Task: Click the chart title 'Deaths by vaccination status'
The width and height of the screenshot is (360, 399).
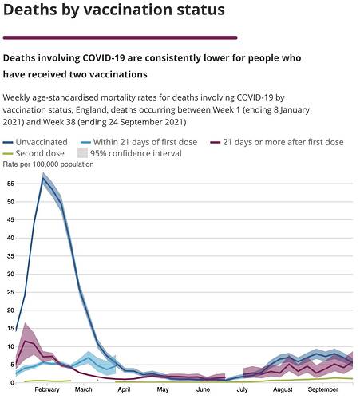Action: (x=114, y=10)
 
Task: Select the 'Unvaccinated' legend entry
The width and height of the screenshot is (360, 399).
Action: (x=35, y=142)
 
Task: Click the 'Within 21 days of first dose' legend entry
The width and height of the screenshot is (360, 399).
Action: (x=139, y=142)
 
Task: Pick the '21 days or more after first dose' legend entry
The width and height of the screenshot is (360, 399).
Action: (x=277, y=142)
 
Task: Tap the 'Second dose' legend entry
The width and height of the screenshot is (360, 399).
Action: (x=34, y=153)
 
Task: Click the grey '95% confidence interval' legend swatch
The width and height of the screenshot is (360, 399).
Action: (x=82, y=153)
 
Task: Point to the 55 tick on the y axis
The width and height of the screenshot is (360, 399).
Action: (x=10, y=184)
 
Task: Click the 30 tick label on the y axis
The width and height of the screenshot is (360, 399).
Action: (x=10, y=274)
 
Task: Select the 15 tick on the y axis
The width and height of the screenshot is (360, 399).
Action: (x=10, y=328)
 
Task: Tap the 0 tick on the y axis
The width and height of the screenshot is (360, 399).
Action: (x=12, y=383)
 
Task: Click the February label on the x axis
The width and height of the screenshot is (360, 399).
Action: (x=47, y=389)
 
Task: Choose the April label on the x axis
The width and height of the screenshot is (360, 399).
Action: (x=124, y=389)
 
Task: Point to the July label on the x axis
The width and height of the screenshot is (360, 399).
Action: (x=242, y=389)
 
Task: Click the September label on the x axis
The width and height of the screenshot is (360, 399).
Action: (x=323, y=389)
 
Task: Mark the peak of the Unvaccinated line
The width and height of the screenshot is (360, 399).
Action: (x=43, y=178)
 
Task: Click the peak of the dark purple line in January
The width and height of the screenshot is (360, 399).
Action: (x=25, y=341)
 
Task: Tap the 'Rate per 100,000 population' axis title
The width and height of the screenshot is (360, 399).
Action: (x=48, y=164)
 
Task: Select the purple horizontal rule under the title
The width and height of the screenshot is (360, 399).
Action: (x=120, y=38)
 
